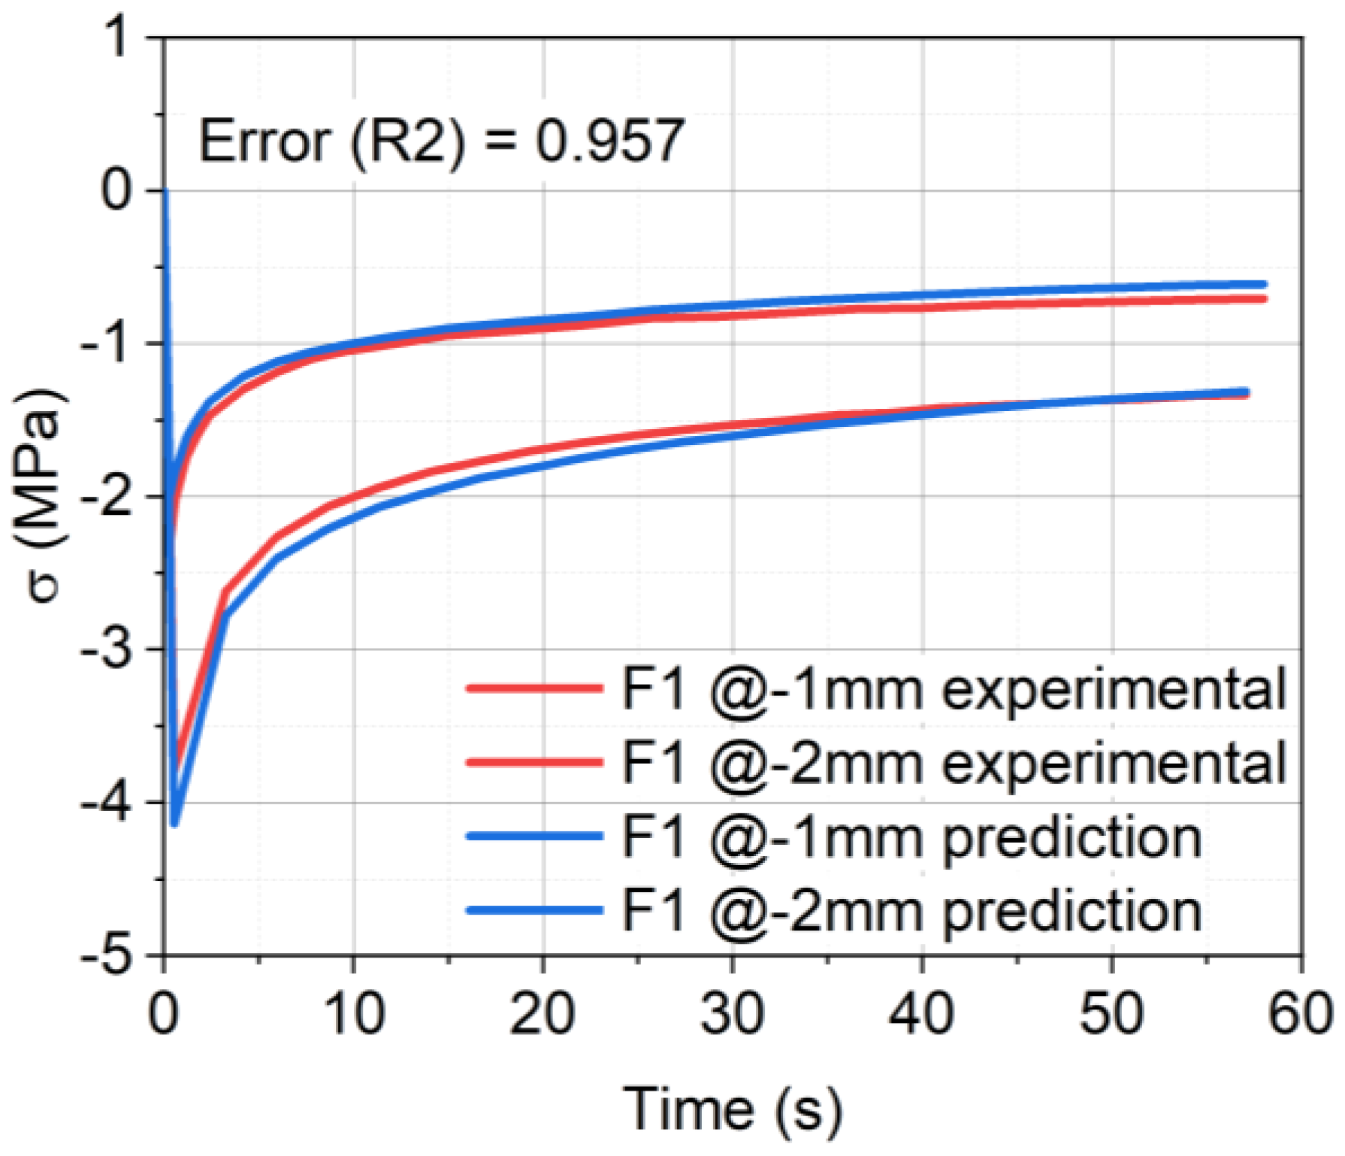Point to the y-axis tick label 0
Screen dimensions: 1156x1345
(x=117, y=191)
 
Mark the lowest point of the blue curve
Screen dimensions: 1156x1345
(x=174, y=824)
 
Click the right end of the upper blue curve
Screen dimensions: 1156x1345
(x=1265, y=284)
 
